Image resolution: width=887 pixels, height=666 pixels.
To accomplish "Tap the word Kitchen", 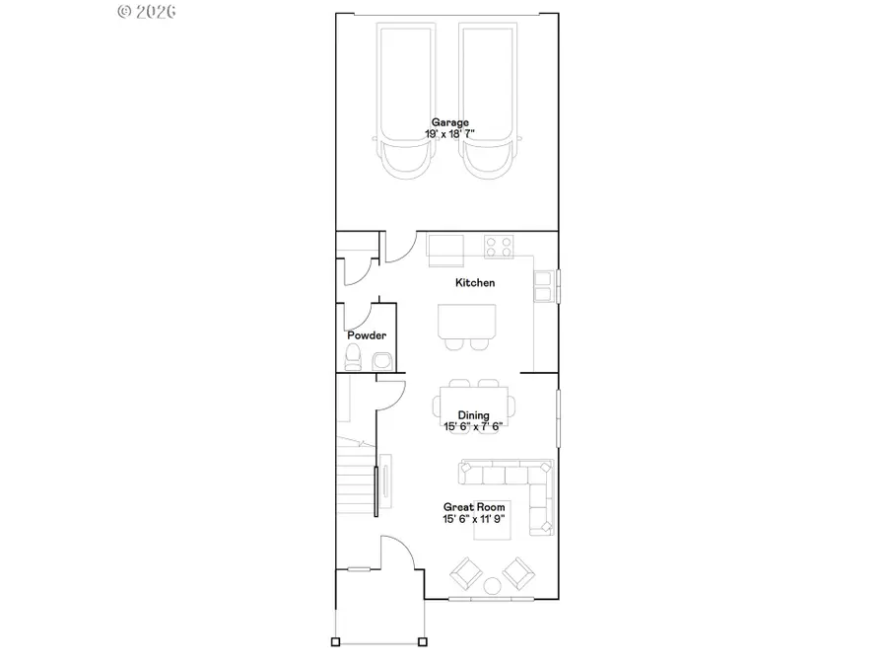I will click(x=474, y=283).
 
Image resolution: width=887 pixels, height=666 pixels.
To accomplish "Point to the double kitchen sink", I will click(x=543, y=285).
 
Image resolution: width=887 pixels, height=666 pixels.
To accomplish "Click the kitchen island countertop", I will click(x=467, y=320).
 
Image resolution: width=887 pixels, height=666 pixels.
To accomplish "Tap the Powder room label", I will click(x=366, y=335).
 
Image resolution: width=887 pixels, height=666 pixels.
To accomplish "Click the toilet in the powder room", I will click(x=354, y=356).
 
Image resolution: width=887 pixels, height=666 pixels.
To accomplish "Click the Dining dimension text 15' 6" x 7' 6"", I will click(x=473, y=426).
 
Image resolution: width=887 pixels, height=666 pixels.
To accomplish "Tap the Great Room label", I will click(x=473, y=507).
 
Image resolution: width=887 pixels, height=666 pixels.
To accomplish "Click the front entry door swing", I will click(x=399, y=553).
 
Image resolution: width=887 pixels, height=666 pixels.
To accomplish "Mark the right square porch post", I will click(x=423, y=641).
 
